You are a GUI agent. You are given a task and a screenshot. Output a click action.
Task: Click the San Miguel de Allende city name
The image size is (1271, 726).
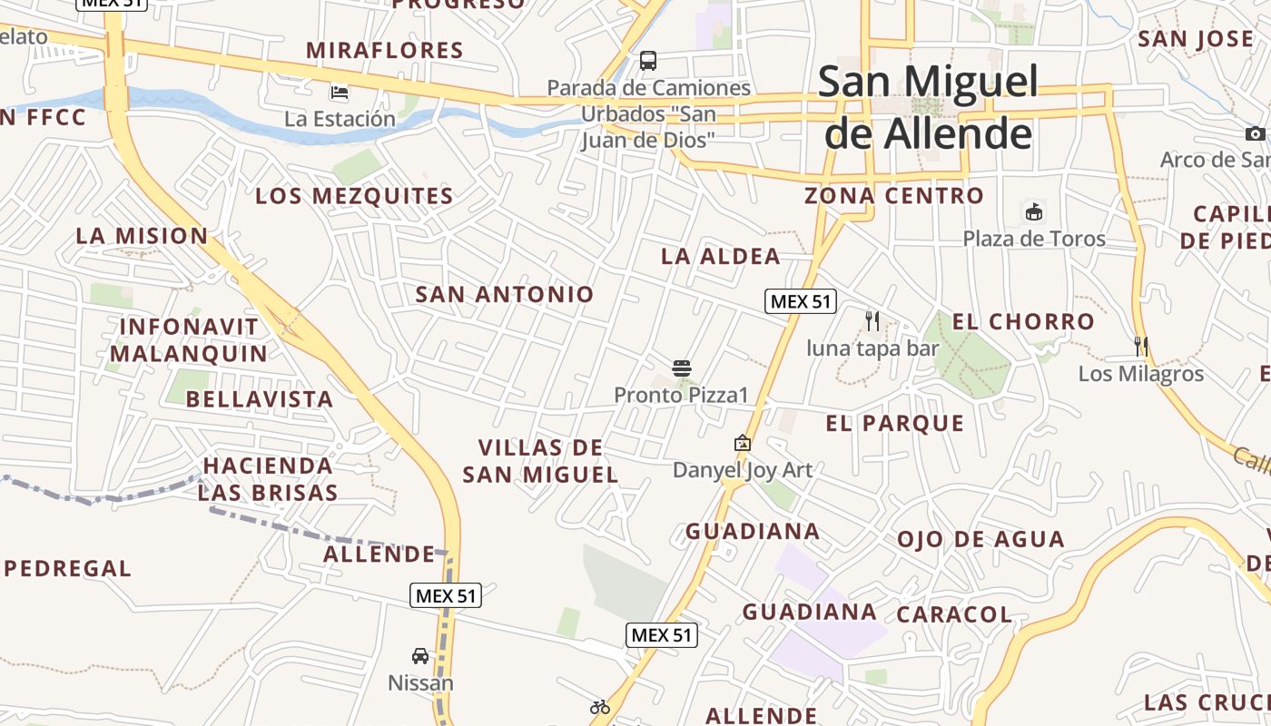[927, 107]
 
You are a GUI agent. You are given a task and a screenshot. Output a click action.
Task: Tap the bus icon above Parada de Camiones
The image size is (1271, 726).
[648, 61]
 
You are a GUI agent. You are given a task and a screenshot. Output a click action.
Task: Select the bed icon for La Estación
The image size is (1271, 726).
[340, 92]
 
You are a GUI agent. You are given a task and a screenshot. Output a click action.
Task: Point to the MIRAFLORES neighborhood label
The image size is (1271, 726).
[385, 51]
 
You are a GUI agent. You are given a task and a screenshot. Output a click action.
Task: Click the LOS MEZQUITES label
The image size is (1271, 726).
[354, 196]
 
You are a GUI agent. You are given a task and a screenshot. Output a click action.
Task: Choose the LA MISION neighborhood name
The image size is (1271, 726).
[142, 236]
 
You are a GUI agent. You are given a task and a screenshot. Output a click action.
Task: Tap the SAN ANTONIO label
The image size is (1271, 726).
[504, 294]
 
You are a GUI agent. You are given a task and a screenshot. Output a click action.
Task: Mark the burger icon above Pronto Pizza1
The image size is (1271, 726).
[682, 368]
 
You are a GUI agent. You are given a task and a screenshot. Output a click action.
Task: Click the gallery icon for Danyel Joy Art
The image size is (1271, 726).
[743, 443]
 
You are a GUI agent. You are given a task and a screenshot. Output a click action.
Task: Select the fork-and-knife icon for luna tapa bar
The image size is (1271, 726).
[872, 320]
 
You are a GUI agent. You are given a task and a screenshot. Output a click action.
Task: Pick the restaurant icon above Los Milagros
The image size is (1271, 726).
[1141, 346]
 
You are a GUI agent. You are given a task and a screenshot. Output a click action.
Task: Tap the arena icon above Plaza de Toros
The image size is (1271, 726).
[1033, 212]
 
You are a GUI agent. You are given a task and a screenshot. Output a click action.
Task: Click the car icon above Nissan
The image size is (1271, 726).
[420, 655]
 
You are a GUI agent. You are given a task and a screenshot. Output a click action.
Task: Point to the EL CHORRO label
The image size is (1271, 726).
[1023, 322]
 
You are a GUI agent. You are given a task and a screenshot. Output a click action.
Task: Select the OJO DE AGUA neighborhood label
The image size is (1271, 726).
[980, 540]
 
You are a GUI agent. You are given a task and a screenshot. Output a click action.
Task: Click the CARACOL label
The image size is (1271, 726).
[954, 614]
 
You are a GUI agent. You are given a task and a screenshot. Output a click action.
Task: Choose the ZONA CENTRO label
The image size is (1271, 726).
[893, 196]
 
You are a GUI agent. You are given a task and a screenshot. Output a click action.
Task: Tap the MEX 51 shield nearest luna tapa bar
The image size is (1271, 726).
[800, 301]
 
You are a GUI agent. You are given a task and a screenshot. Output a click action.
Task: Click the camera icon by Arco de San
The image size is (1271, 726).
[1256, 133]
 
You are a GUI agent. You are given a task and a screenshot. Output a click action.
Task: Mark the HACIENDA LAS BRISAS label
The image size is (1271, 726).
[268, 479]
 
